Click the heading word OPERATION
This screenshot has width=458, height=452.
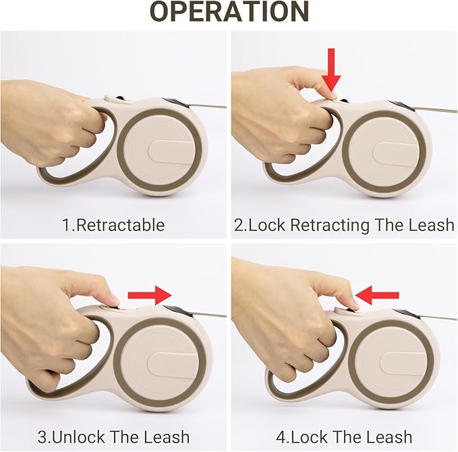[x=229, y=12]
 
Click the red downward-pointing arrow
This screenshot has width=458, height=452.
[x=331, y=70]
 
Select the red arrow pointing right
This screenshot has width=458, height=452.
[x=150, y=296]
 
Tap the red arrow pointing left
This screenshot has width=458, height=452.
[x=377, y=295]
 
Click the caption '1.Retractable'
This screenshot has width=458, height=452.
[x=113, y=225]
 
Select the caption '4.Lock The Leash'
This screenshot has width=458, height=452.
[x=344, y=437]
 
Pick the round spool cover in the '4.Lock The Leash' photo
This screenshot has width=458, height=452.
[x=391, y=362]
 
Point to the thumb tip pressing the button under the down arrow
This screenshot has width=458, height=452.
[x=332, y=96]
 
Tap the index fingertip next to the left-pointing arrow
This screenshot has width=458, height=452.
[x=354, y=304]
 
